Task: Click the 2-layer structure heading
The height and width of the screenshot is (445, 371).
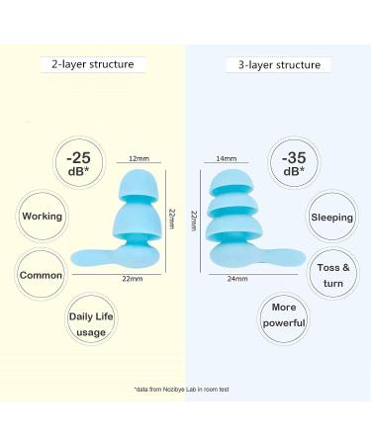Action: [92, 64]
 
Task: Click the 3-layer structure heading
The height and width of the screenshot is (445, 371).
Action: [280, 64]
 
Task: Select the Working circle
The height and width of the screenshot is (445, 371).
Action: [43, 216]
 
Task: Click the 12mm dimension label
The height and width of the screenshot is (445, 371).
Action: [138, 157]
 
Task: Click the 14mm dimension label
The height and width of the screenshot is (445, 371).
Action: [226, 157]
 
